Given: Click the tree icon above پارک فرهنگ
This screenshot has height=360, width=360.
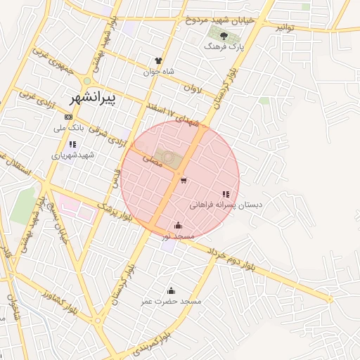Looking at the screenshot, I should [223, 35].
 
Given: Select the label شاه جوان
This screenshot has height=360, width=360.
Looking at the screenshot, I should [157, 72].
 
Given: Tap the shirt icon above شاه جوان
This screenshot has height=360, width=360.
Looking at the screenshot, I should [158, 61].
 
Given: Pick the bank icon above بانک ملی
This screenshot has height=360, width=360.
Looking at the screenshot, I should [68, 117].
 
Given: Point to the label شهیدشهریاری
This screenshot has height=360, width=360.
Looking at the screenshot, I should [71, 155].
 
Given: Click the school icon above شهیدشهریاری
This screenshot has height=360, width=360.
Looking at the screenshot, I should [72, 144].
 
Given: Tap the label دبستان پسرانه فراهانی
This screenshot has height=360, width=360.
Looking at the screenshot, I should [226, 205].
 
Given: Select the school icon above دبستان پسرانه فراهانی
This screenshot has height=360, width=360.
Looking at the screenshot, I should [226, 194].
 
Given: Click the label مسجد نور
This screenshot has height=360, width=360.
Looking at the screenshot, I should [178, 237].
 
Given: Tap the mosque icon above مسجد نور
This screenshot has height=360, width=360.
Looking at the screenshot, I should [178, 226].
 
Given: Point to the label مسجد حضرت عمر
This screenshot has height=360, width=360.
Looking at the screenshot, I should [170, 301].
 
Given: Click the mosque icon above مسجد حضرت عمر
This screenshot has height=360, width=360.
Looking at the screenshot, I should [170, 290].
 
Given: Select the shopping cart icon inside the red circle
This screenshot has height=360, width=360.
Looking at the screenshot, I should [184, 181].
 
